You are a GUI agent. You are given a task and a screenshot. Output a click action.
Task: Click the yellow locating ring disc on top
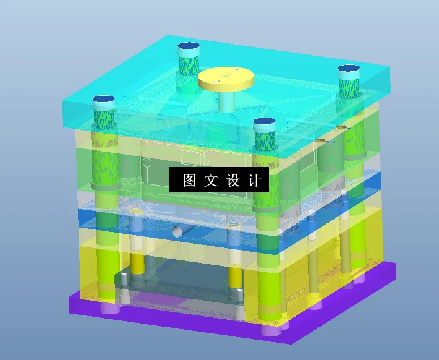point(226,78)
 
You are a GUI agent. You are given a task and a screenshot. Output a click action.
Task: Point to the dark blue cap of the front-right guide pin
point(265,122)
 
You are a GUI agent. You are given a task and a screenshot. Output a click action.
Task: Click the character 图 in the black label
point(190,181)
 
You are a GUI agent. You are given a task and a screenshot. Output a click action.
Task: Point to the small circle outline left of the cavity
point(147,163)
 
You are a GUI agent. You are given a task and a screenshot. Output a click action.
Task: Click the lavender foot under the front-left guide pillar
point(110,307)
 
